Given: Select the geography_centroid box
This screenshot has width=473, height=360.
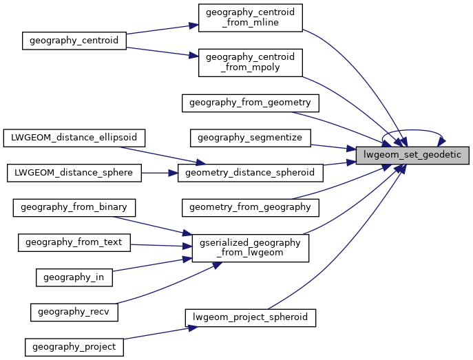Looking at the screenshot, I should [x=74, y=41].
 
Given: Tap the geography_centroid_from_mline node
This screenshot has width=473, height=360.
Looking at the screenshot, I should [x=250, y=17].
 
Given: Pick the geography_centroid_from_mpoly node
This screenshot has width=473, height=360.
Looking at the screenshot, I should [x=250, y=63].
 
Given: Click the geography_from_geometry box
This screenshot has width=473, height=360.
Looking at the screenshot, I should [x=250, y=103].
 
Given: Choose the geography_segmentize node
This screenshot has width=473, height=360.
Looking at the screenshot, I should [x=250, y=138].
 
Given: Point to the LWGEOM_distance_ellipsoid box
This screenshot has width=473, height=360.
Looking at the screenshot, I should [x=74, y=138].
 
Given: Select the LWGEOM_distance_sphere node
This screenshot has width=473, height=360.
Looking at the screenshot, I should [x=74, y=172].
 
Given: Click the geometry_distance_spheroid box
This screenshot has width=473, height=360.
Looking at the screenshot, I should [x=250, y=172].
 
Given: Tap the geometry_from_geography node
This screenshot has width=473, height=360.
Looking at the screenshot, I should [x=250, y=207].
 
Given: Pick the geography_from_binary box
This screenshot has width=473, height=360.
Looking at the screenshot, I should [x=74, y=207].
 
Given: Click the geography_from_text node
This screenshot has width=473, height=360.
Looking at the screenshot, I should [x=74, y=242].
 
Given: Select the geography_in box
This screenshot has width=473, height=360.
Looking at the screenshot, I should [x=74, y=277].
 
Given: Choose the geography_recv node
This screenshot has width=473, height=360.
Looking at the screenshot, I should [x=74, y=311].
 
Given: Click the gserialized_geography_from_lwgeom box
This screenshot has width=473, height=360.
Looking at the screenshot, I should [x=250, y=248].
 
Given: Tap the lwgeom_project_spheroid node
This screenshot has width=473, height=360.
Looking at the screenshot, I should [x=250, y=317].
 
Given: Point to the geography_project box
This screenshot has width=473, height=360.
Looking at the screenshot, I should [x=74, y=346].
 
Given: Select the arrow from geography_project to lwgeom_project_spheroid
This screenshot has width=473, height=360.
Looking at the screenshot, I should [x=155, y=333].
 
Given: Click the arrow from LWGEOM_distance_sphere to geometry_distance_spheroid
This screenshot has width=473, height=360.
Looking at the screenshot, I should [x=159, y=172].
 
